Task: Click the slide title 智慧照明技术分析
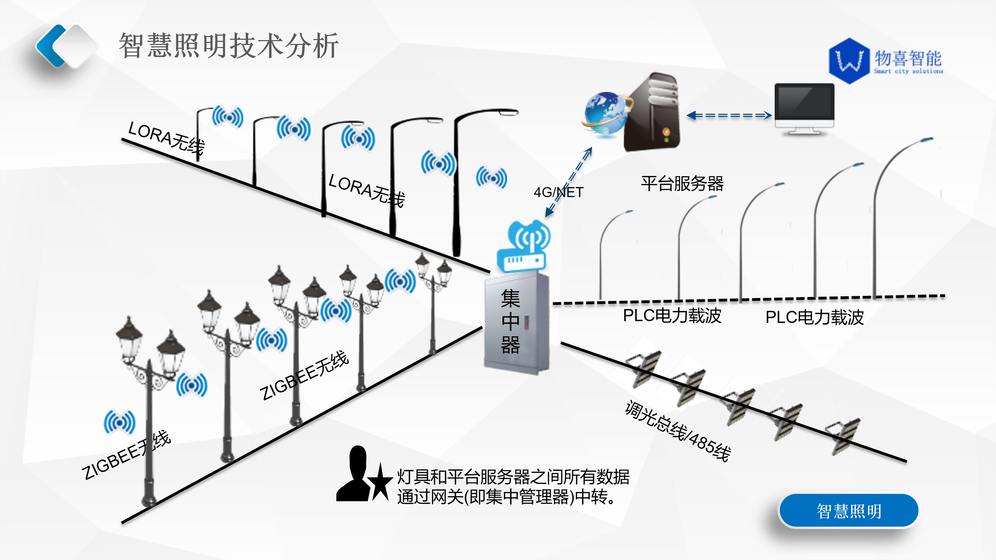click(229, 46)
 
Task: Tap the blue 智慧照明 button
click(849, 511)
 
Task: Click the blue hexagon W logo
click(849, 61)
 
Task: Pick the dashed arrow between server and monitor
click(729, 115)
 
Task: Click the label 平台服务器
click(682, 184)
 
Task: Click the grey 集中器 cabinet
click(517, 323)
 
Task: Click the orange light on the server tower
click(666, 131)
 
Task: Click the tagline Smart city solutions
click(908, 71)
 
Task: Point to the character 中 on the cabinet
click(510, 321)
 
